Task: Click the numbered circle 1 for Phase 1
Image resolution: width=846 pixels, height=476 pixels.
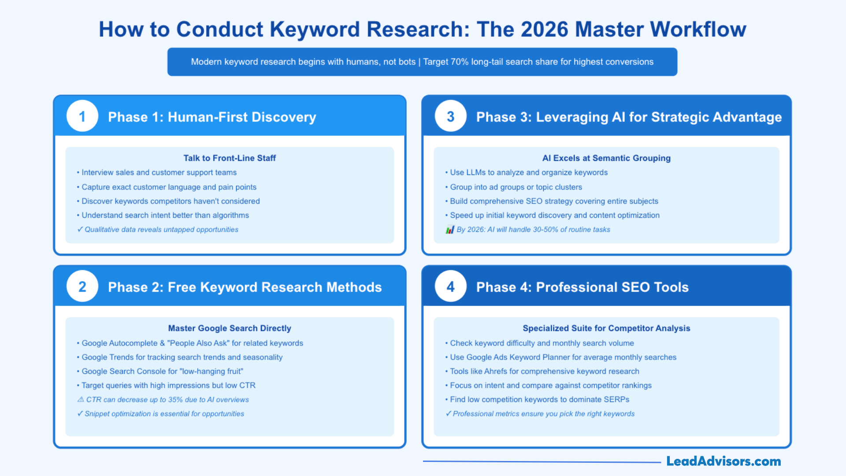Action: [82, 116]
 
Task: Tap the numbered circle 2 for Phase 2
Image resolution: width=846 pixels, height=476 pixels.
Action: [82, 286]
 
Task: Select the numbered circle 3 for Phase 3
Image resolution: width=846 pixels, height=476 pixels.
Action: [450, 116]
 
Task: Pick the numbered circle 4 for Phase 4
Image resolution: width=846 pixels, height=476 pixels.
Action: [450, 286]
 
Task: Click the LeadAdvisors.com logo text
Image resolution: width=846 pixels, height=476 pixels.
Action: [723, 461]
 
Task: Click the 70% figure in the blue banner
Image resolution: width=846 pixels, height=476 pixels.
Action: [459, 62]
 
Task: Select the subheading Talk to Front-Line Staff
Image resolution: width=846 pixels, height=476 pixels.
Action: [230, 158]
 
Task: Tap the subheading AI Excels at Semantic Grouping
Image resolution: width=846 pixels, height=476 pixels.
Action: [606, 158]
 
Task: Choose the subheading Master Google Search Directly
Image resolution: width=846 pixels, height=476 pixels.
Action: [230, 328]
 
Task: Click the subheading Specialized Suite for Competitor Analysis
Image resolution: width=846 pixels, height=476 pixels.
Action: [606, 328]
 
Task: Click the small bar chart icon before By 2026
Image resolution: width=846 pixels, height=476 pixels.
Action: [450, 230]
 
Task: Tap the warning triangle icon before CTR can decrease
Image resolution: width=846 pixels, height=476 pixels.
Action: [81, 399]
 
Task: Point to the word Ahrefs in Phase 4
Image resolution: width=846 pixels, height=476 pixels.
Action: [495, 371]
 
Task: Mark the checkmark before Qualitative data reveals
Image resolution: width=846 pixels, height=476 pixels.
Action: [80, 229]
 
